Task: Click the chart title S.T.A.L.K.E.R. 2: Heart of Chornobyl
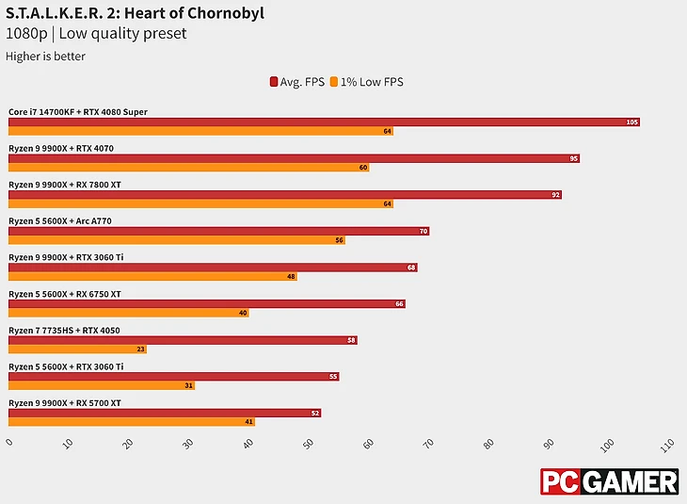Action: (136, 13)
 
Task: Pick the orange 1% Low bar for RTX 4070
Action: (188, 168)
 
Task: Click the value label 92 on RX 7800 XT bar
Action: (556, 195)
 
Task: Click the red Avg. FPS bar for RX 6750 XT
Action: (207, 304)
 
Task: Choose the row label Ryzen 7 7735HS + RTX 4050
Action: (64, 331)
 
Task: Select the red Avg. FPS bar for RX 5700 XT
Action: (165, 414)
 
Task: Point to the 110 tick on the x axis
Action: (668, 443)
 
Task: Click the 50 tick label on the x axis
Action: (308, 443)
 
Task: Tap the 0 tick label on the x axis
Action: (9, 442)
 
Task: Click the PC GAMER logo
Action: (609, 481)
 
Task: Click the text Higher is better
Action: (46, 57)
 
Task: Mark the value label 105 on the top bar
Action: (631, 122)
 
